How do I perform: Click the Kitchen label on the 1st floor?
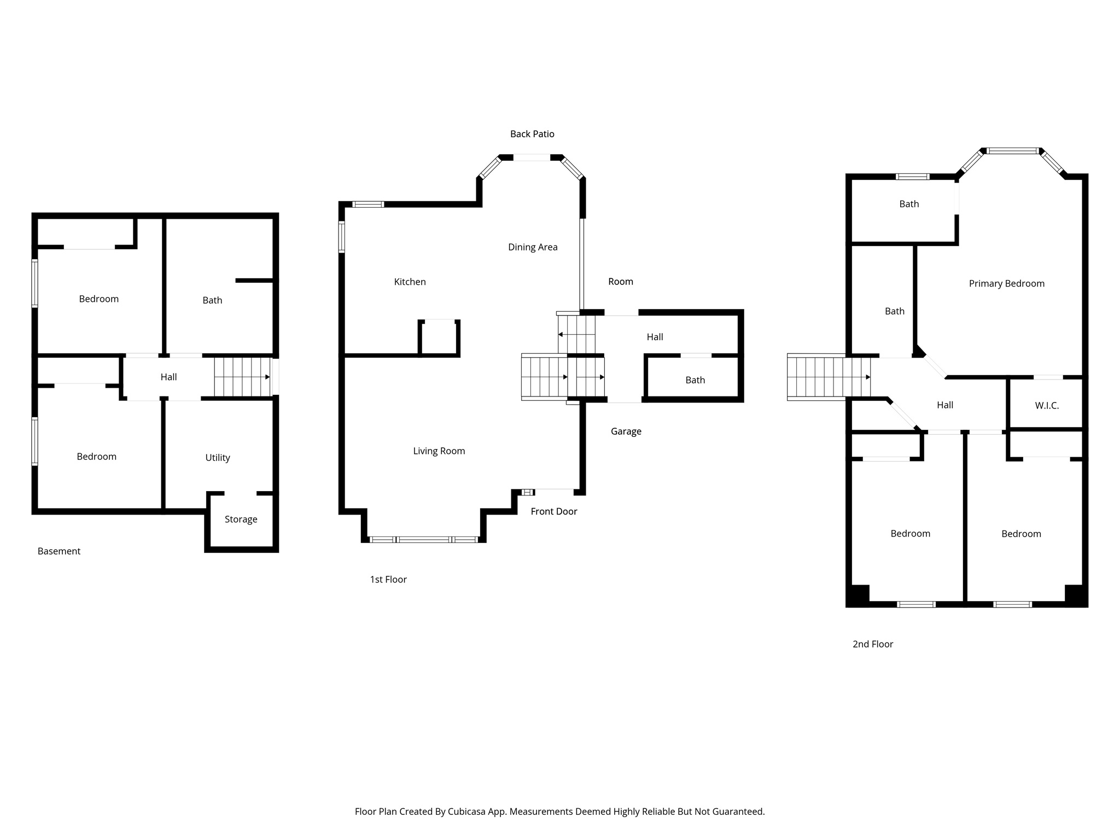[410, 282]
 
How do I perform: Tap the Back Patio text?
[532, 134]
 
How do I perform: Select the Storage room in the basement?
[241, 520]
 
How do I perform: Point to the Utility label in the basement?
[217, 458]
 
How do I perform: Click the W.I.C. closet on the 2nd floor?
[1046, 406]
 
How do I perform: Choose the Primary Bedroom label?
[1006, 283]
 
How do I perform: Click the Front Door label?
[553, 511]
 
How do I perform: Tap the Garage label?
[626, 431]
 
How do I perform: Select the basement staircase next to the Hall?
[242, 377]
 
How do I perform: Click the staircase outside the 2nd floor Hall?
[828, 377]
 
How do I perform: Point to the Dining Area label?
[532, 247]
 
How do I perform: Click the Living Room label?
[439, 451]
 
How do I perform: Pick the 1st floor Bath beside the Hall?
[695, 380]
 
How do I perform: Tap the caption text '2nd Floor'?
[872, 644]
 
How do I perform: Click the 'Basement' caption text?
[59, 551]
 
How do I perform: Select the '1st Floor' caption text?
[388, 580]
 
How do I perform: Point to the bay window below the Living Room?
[424, 540]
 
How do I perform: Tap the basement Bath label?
[212, 300]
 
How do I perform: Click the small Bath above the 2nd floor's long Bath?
[908, 204]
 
